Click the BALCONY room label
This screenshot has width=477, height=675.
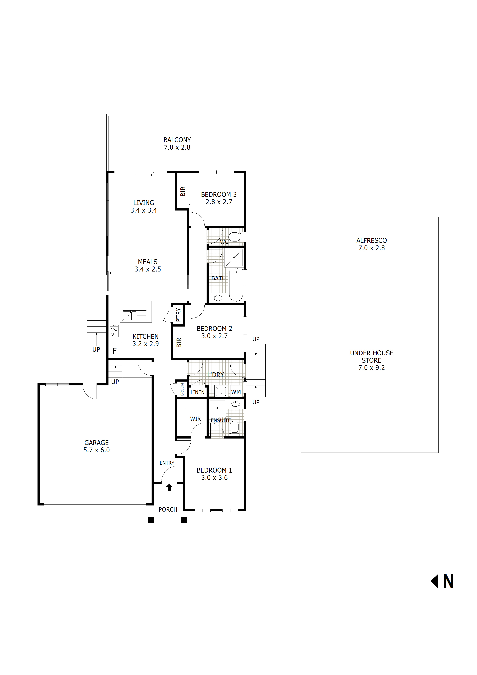tap(177, 140)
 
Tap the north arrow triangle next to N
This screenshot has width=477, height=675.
tap(435, 581)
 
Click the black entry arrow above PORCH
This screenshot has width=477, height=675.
tap(169, 488)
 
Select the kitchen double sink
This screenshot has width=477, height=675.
tap(135, 315)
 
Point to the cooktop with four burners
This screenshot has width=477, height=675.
tap(114, 331)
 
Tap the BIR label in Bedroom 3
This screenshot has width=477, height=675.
tap(183, 191)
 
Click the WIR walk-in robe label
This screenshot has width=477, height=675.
tap(195, 419)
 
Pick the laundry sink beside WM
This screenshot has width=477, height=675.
tap(221, 391)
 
